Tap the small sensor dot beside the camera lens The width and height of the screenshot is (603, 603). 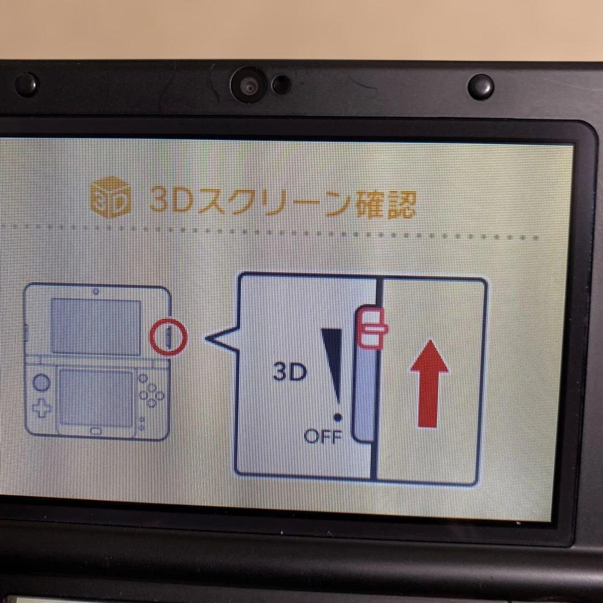(x=281, y=85)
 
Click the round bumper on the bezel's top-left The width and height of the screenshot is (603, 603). (x=26, y=85)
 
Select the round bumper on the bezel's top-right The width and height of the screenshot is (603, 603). (x=480, y=87)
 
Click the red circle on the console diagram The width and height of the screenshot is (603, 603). (x=169, y=337)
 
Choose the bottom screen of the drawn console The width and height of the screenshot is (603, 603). (x=97, y=396)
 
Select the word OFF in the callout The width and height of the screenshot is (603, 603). (x=323, y=435)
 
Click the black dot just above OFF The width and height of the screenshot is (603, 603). (x=337, y=417)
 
